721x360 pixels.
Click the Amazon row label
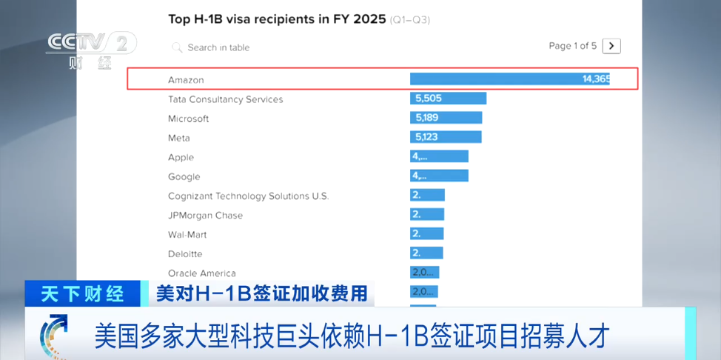[x=186, y=80]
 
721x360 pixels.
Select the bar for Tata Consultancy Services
[x=448, y=99]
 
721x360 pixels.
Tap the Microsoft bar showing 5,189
[x=446, y=118]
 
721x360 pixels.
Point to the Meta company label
[x=178, y=138]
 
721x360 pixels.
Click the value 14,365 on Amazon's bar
[x=595, y=79]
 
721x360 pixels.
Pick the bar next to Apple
[x=439, y=156]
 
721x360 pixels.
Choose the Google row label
[x=184, y=176]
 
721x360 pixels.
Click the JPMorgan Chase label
[x=205, y=216]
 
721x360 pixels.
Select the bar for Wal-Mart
[x=427, y=233]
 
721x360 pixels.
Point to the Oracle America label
[x=202, y=273]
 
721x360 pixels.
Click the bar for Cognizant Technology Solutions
[x=427, y=195]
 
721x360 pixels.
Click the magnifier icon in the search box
[x=177, y=47]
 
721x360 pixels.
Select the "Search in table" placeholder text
[x=218, y=47]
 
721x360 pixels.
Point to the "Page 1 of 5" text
[x=572, y=46]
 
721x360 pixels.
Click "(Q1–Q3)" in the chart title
[x=410, y=20]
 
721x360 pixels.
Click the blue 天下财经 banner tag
[x=82, y=293]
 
